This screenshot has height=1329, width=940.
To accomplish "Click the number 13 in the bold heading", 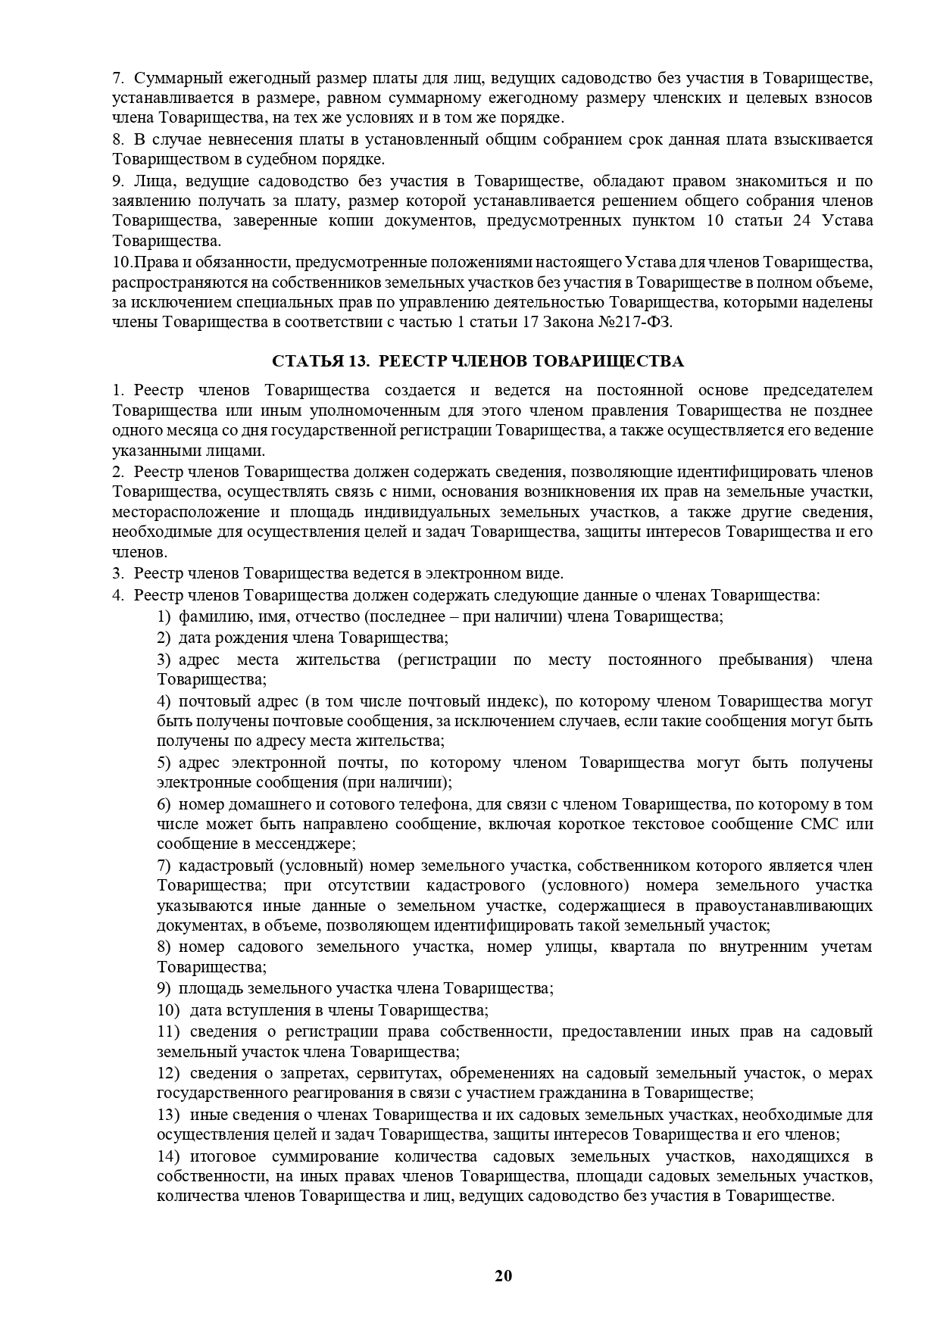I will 358,361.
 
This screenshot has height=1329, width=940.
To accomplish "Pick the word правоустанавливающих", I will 799,906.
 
